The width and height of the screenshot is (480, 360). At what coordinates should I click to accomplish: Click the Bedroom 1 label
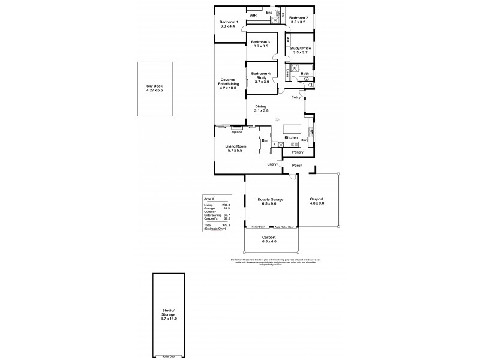pos(229,22)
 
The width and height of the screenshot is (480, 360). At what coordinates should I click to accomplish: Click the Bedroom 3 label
pos(260,41)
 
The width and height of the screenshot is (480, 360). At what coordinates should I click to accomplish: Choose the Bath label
pos(304,73)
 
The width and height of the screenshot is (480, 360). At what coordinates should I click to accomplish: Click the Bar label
pos(263,141)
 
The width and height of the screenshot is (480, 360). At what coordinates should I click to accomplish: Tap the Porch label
pos(296,165)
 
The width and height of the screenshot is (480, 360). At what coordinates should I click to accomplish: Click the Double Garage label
pos(270,199)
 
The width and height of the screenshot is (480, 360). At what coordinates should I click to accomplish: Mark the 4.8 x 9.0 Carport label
pos(317,203)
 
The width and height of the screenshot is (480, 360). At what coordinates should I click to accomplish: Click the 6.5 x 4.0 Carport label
pos(268,241)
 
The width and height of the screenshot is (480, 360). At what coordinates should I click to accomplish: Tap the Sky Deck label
pos(154,86)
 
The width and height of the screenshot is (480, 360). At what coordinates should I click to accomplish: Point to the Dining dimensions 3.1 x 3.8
pos(260,110)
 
